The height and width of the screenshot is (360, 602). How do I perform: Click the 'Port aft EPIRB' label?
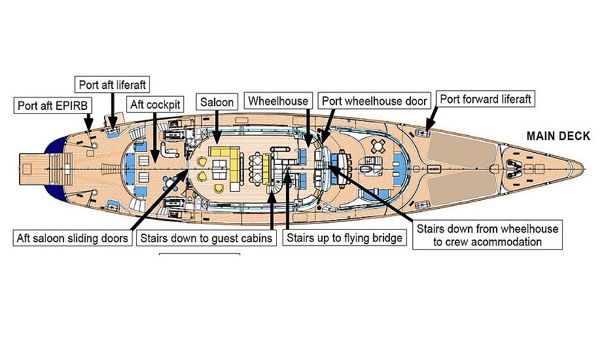(52, 105)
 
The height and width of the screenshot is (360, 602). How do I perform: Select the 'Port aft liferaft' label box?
(112, 84)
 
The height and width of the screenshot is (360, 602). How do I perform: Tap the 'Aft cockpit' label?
(155, 105)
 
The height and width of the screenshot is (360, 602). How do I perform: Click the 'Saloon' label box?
(217, 102)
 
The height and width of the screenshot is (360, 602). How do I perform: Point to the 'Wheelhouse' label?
(278, 101)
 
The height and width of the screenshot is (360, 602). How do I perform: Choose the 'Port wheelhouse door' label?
(374, 101)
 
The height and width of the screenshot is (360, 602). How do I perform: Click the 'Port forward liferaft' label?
(486, 99)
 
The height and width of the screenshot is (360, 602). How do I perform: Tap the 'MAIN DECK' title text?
(558, 136)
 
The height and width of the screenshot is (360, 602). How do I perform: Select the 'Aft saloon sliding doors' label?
(72, 238)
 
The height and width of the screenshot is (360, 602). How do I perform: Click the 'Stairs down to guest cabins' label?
(206, 238)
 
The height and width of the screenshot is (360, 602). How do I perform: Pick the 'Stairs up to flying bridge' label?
(344, 238)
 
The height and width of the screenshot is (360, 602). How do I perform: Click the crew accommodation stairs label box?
(487, 235)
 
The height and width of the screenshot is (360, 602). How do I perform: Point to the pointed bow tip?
(584, 168)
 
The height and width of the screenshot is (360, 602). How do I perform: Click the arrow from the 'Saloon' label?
(217, 127)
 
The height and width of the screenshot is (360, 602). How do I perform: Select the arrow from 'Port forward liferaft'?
(433, 118)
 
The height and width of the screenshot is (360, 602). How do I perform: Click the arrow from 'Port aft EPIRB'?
(89, 121)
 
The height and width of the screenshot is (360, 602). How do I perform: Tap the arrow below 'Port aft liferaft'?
(113, 109)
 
